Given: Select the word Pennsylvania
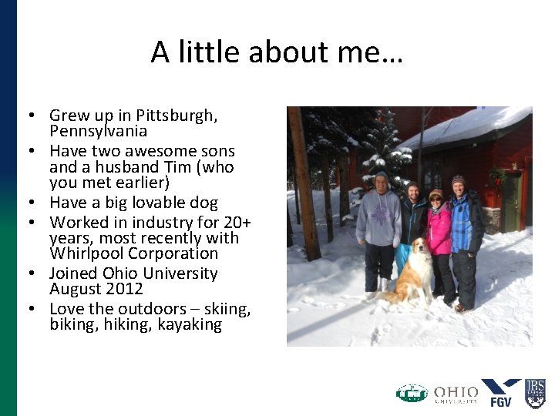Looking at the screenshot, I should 98,131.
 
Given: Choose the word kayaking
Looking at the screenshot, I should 190,324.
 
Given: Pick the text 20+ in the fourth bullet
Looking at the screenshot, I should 232,222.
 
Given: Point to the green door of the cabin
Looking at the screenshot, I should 512,202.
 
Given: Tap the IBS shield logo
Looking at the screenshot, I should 535,392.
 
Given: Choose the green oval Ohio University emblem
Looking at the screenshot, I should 412,394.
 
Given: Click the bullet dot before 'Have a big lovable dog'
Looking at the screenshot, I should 35,203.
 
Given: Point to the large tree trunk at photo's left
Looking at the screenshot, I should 304,185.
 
